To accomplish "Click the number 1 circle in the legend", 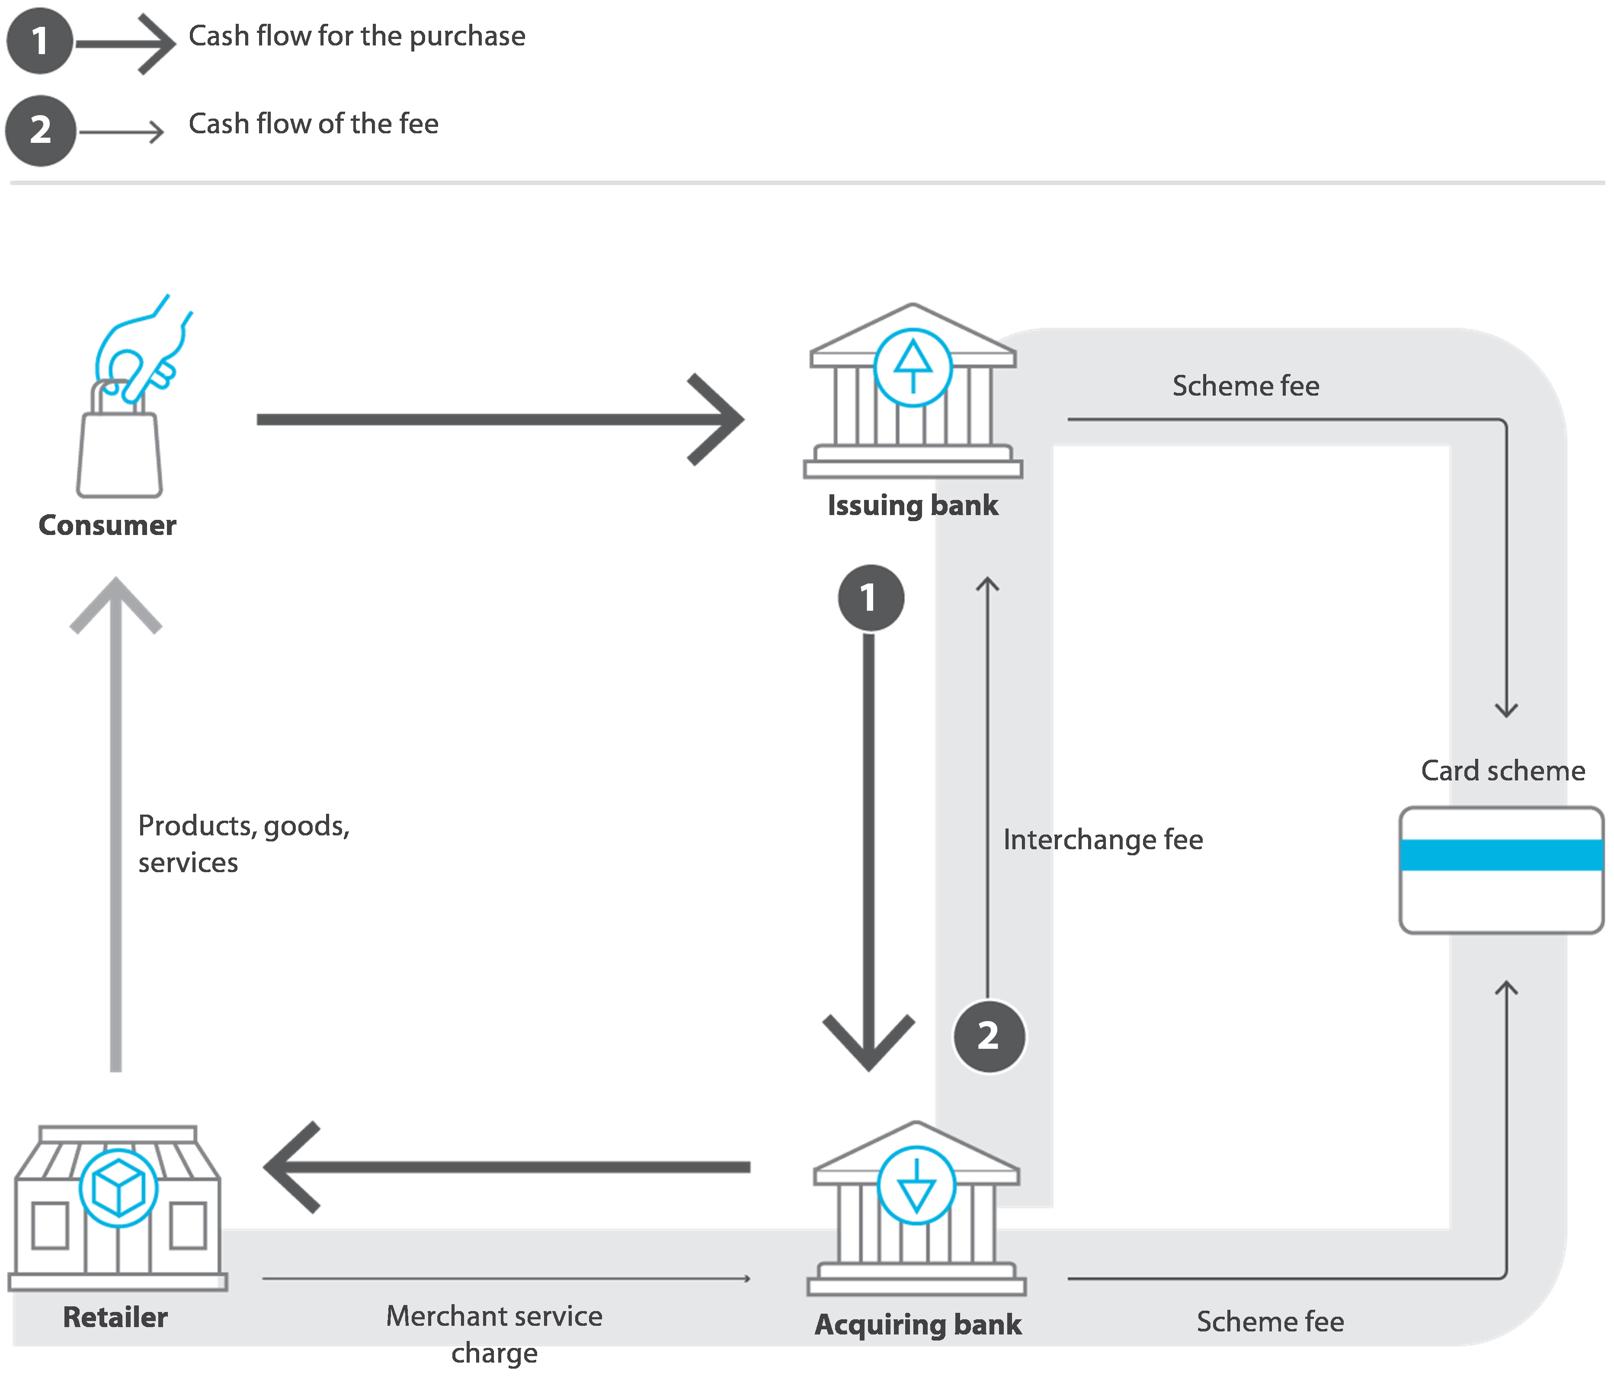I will (x=39, y=41).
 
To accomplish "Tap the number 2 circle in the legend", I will (x=41, y=129).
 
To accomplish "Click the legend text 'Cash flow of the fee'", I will (x=313, y=124).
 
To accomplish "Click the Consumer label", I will (x=108, y=525).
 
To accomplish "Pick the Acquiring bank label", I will (x=918, y=1325).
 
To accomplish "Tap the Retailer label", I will (x=115, y=1317).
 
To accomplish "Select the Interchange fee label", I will (x=1102, y=839).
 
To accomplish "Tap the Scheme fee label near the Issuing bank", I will (x=1246, y=386).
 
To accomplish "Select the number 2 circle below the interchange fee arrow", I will (x=989, y=1036).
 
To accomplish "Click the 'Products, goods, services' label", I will (x=243, y=843).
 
